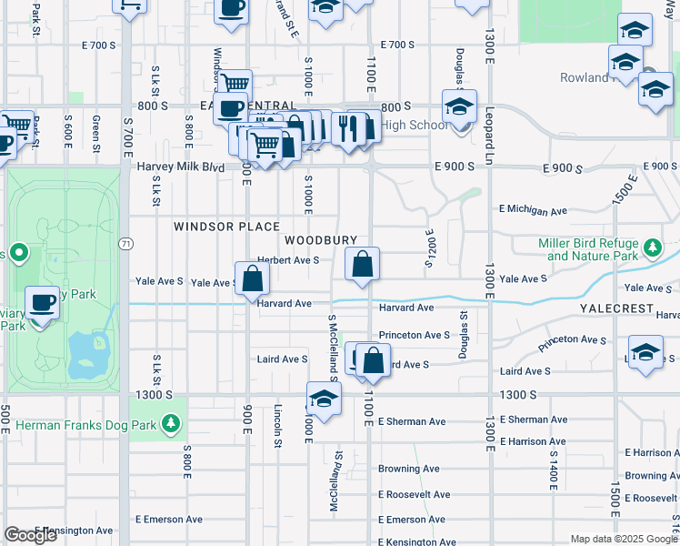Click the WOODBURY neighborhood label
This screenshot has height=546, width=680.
pos(321,240)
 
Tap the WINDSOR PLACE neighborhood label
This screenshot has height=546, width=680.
pos(226,226)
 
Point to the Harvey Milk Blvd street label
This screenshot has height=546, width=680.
pos(180,167)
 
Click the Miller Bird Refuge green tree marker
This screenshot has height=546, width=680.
pos(652,248)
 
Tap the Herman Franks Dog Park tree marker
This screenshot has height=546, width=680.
pos(169,424)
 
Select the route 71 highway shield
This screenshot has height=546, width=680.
pos(126,244)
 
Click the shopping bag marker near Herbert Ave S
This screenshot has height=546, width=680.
pos(362,265)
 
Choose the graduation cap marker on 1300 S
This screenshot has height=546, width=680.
pos(323,399)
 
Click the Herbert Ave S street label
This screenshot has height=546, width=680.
pos(287,259)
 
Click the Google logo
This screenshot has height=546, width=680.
pos(31,535)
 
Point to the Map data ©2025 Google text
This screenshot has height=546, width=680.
pos(624,539)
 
